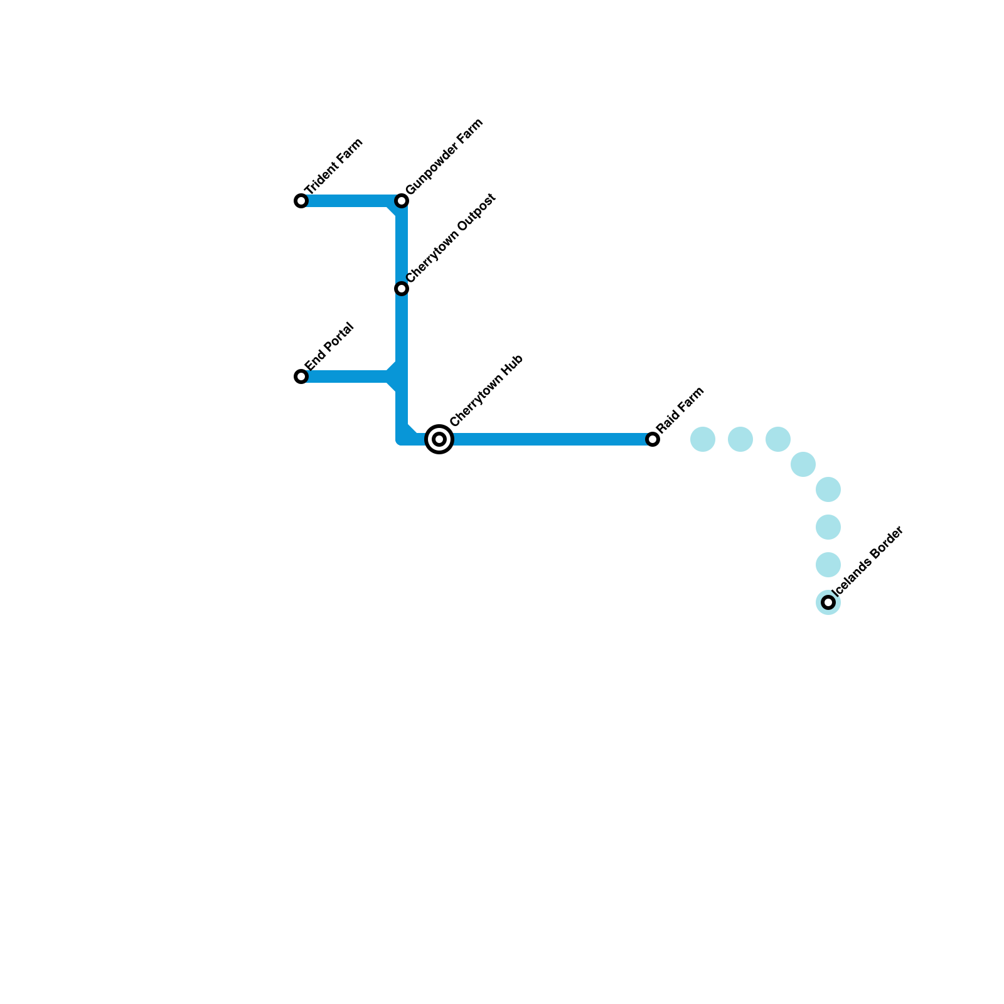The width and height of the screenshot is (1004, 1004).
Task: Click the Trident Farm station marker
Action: [x=301, y=201]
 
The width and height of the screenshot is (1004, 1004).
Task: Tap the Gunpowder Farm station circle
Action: [x=402, y=201]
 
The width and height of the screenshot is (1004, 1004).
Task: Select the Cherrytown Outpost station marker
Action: [x=402, y=289]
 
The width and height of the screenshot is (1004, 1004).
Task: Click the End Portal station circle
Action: [x=301, y=376]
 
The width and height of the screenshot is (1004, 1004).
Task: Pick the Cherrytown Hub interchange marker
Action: [x=439, y=439]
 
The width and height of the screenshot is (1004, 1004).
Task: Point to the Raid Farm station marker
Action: [x=653, y=439]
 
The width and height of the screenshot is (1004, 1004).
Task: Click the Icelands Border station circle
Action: [x=828, y=602]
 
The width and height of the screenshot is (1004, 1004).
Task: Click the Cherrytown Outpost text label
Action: [x=451, y=238]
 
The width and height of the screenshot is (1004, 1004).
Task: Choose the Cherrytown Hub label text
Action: [x=486, y=391]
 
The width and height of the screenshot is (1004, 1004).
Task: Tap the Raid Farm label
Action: [x=681, y=410]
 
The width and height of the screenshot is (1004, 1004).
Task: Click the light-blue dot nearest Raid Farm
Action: [x=703, y=439]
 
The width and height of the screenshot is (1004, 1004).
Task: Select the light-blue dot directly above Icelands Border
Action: [x=828, y=565]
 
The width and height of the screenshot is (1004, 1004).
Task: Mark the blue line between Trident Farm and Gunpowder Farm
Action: [x=351, y=201]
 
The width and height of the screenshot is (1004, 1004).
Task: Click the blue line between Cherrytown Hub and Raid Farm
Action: [x=546, y=439]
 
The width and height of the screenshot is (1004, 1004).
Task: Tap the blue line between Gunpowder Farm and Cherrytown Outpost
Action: [x=402, y=245]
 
